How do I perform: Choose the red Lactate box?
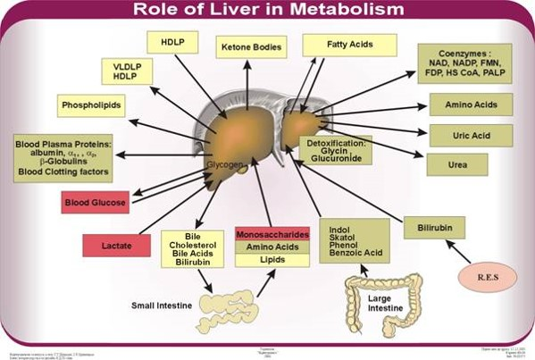click(x=114, y=243)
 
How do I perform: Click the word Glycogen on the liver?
click(x=222, y=165)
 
